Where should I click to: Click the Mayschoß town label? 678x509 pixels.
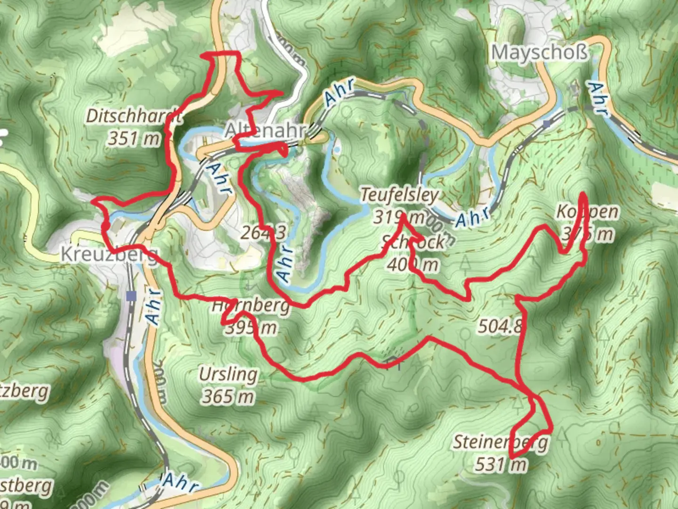540,52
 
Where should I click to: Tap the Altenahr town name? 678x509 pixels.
265,130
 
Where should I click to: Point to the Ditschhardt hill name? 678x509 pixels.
134,116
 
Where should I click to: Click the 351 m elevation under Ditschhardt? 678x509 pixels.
134,139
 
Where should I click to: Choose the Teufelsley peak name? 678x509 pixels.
400,195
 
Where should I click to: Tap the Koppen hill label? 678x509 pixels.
587,212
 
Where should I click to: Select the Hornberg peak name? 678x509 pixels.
250,306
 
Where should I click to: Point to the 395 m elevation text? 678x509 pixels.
250,328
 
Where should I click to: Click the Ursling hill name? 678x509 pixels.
228,375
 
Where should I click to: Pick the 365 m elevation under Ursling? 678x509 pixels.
228,397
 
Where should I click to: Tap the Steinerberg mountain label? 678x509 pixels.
500,442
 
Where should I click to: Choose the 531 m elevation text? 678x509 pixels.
500,465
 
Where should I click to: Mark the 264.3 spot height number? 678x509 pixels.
263,232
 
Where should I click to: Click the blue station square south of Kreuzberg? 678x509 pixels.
131,296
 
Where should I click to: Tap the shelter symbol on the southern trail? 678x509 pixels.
392,361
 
